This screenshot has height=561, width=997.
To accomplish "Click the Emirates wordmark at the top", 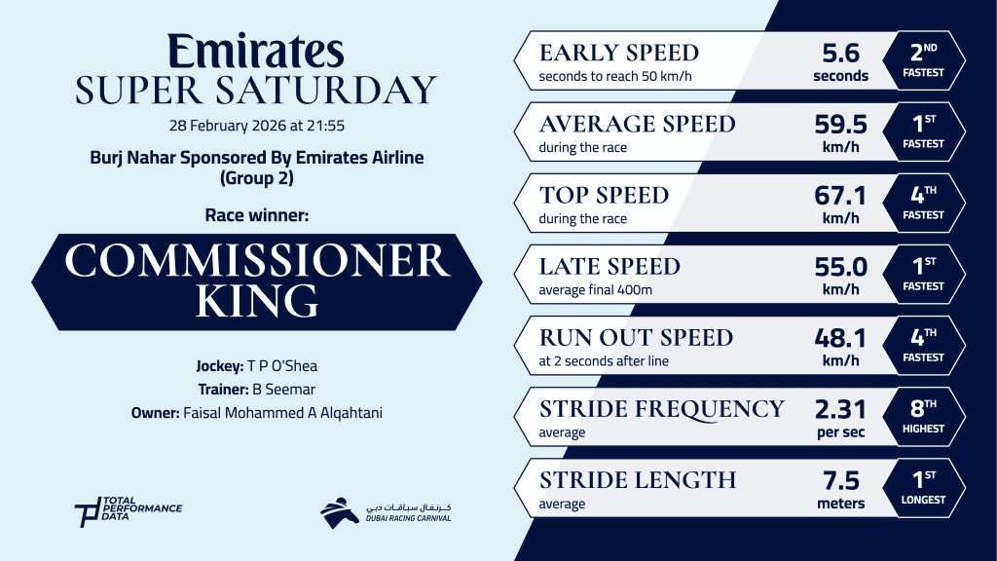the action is pos(256,51).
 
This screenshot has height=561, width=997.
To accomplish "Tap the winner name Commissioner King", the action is pos(257,280).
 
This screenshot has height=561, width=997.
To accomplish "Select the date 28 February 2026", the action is pos(228,126).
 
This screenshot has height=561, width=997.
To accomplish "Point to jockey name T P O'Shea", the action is pos(282,366).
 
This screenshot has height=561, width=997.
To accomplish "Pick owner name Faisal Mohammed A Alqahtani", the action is pos(283,413).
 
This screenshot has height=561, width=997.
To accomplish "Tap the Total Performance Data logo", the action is pos(128,511).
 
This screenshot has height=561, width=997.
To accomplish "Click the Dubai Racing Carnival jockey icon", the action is pos(340,512).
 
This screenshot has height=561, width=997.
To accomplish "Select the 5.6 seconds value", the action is pos(840,61).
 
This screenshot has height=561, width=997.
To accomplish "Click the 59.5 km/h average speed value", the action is pos(840,132).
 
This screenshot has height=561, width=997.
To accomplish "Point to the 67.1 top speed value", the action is pos(840,205).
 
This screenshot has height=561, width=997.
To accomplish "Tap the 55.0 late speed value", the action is pos(840,276).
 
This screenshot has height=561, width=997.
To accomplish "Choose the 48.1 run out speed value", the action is pos(840,347).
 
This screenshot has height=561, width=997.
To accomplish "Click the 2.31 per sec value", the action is pos(840,418).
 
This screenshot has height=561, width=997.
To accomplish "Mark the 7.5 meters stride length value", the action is pos(840,489).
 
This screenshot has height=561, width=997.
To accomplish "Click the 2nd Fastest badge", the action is pos(924,60).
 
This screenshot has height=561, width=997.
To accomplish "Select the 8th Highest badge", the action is pos(924,417).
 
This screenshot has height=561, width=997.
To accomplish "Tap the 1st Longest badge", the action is pos(924,488).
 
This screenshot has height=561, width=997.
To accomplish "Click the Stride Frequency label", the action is pos(662,409).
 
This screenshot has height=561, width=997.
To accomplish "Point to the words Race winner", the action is pos(257,215).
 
